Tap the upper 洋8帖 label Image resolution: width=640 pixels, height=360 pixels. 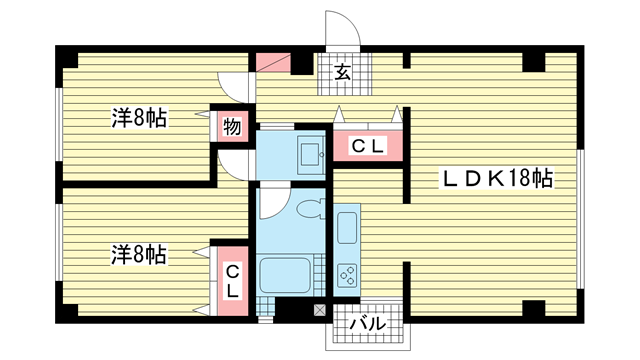140,118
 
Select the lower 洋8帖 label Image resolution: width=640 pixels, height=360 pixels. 140,254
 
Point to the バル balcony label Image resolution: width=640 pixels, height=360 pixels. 368,324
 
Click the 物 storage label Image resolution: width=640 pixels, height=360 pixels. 232,127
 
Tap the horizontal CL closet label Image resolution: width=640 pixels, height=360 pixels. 368,146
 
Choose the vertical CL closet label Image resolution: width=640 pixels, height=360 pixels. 232,281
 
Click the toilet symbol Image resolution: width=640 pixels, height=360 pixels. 311,209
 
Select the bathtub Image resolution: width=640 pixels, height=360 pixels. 284,275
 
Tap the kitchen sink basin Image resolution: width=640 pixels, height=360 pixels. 347,228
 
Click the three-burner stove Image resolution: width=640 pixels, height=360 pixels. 347,276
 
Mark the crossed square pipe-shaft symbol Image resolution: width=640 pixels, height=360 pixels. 320,310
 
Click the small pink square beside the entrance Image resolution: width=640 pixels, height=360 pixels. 273,62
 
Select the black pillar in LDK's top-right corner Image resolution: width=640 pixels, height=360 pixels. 533,62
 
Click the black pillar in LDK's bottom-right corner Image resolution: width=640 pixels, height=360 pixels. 533,308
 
